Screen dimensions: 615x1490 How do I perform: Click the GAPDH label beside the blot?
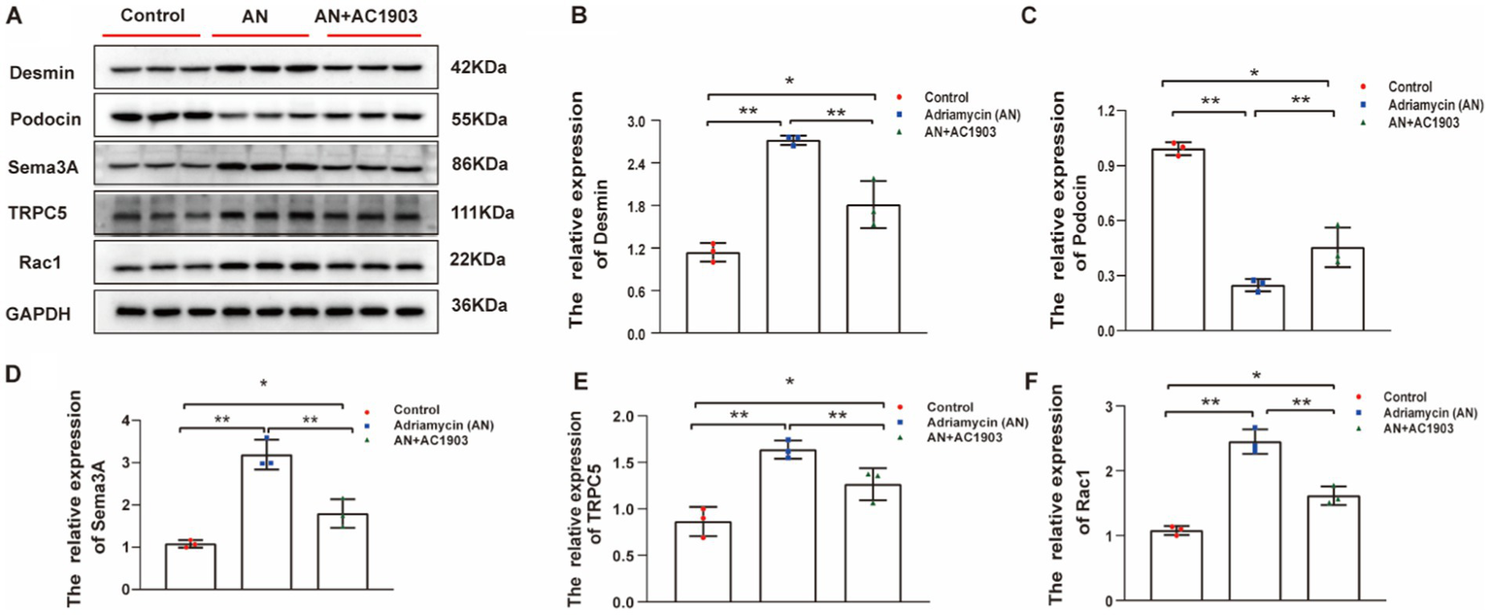click(39, 314)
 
